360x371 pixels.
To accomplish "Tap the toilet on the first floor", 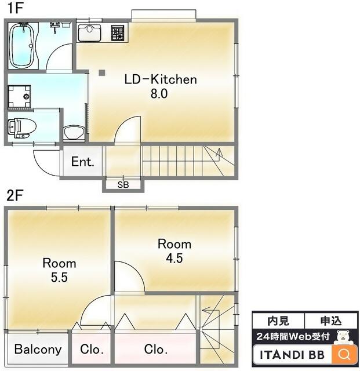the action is click(21, 128).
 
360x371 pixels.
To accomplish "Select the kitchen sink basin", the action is click(90, 32).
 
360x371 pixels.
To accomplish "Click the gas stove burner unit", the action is click(118, 33).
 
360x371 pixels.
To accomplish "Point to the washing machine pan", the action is click(19, 97).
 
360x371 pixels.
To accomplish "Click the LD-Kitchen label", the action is click(161, 79).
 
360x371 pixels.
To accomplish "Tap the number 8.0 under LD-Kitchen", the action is click(159, 94).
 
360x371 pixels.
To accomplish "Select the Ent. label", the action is click(82, 162).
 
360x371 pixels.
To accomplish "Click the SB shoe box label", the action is click(123, 184).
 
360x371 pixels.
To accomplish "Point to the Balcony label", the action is click(38, 349).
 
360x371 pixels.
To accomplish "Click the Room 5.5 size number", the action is click(59, 277).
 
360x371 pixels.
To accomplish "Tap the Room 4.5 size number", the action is click(174, 258).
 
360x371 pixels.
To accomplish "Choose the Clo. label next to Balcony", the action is click(92, 349).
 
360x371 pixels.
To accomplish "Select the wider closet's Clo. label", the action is click(156, 349).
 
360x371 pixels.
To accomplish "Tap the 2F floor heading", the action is click(14, 195).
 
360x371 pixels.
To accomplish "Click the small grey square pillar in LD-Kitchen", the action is click(102, 72).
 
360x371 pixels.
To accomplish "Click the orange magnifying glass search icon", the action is click(344, 354).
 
